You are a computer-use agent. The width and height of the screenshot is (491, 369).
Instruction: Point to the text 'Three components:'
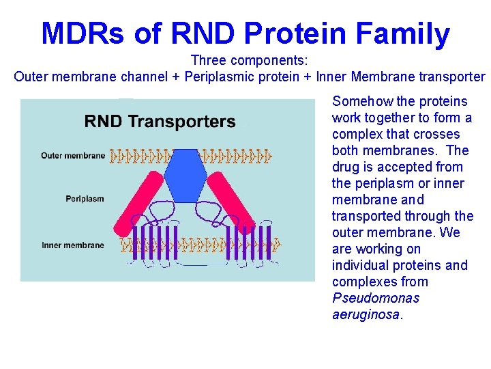point(250,60)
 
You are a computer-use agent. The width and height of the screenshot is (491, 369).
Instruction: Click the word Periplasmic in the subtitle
point(223,77)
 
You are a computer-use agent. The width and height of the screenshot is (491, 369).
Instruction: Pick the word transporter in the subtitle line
point(451,77)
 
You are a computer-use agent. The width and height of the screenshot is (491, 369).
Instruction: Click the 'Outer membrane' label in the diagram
point(73,155)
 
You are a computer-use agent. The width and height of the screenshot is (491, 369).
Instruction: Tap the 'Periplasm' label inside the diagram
point(85,199)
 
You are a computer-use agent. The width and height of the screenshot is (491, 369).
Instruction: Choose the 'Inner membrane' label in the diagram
point(73,245)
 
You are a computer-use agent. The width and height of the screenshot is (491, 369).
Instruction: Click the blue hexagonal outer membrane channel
point(185,174)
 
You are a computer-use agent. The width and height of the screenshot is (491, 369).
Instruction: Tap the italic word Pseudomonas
point(376,298)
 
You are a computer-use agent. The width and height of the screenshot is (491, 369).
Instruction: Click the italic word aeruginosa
point(366,314)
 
